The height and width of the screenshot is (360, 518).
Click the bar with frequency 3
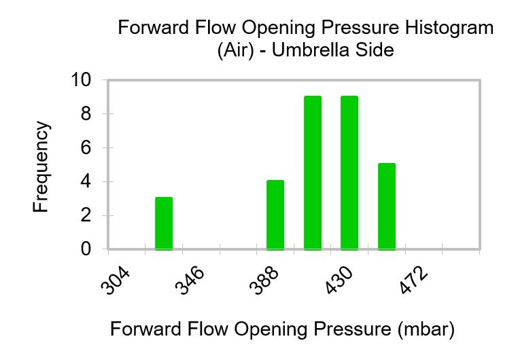pyautogui.click(x=164, y=223)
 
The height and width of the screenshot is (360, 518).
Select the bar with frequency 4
pyautogui.click(x=275, y=215)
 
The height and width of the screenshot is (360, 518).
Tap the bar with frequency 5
pyautogui.click(x=386, y=206)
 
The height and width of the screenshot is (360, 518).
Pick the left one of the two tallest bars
pyautogui.click(x=313, y=173)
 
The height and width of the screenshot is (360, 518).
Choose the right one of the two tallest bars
pyautogui.click(x=349, y=173)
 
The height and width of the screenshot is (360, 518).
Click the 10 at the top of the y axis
pyautogui.click(x=81, y=80)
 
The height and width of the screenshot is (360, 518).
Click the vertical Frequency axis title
pyautogui.click(x=41, y=166)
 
